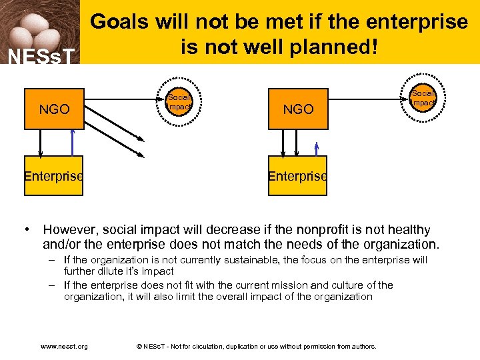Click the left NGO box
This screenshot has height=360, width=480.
coord(54,109)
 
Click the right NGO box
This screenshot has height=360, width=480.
coord(298,109)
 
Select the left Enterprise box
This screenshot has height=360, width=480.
coord(53,176)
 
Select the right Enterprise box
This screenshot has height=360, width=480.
coord(297,176)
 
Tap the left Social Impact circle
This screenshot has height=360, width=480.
coord(180,99)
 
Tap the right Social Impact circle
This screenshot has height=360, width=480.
coord(423,97)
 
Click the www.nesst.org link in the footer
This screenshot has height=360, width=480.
coord(64,347)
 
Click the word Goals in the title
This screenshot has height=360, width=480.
coord(120,22)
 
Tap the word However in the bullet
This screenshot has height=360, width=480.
coord(68,231)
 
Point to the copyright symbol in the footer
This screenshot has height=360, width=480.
coord(139,347)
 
